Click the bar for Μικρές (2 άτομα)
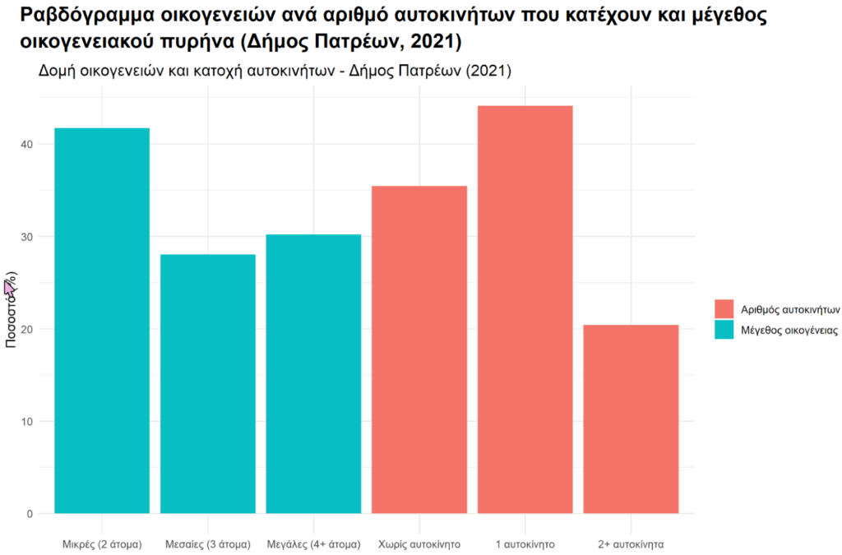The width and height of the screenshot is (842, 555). pyautogui.click(x=102, y=321)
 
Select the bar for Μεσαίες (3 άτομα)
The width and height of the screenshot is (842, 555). pyautogui.click(x=208, y=384)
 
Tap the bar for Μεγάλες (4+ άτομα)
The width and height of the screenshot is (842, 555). pyautogui.click(x=314, y=374)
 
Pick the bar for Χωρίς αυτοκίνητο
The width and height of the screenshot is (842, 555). pyautogui.click(x=419, y=349)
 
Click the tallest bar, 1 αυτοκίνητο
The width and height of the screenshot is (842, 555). pyautogui.click(x=525, y=310)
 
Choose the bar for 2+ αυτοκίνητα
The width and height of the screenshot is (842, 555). pyautogui.click(x=631, y=419)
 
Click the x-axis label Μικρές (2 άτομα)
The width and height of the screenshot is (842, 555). pyautogui.click(x=102, y=544)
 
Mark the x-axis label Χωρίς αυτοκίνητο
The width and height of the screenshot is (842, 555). pyautogui.click(x=419, y=544)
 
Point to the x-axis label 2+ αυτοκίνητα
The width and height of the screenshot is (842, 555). pyautogui.click(x=631, y=544)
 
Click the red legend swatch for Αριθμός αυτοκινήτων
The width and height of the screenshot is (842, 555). pyautogui.click(x=724, y=309)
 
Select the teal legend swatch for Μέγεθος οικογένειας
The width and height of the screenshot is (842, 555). pyautogui.click(x=724, y=330)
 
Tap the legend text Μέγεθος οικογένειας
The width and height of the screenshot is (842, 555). pyautogui.click(x=789, y=330)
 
